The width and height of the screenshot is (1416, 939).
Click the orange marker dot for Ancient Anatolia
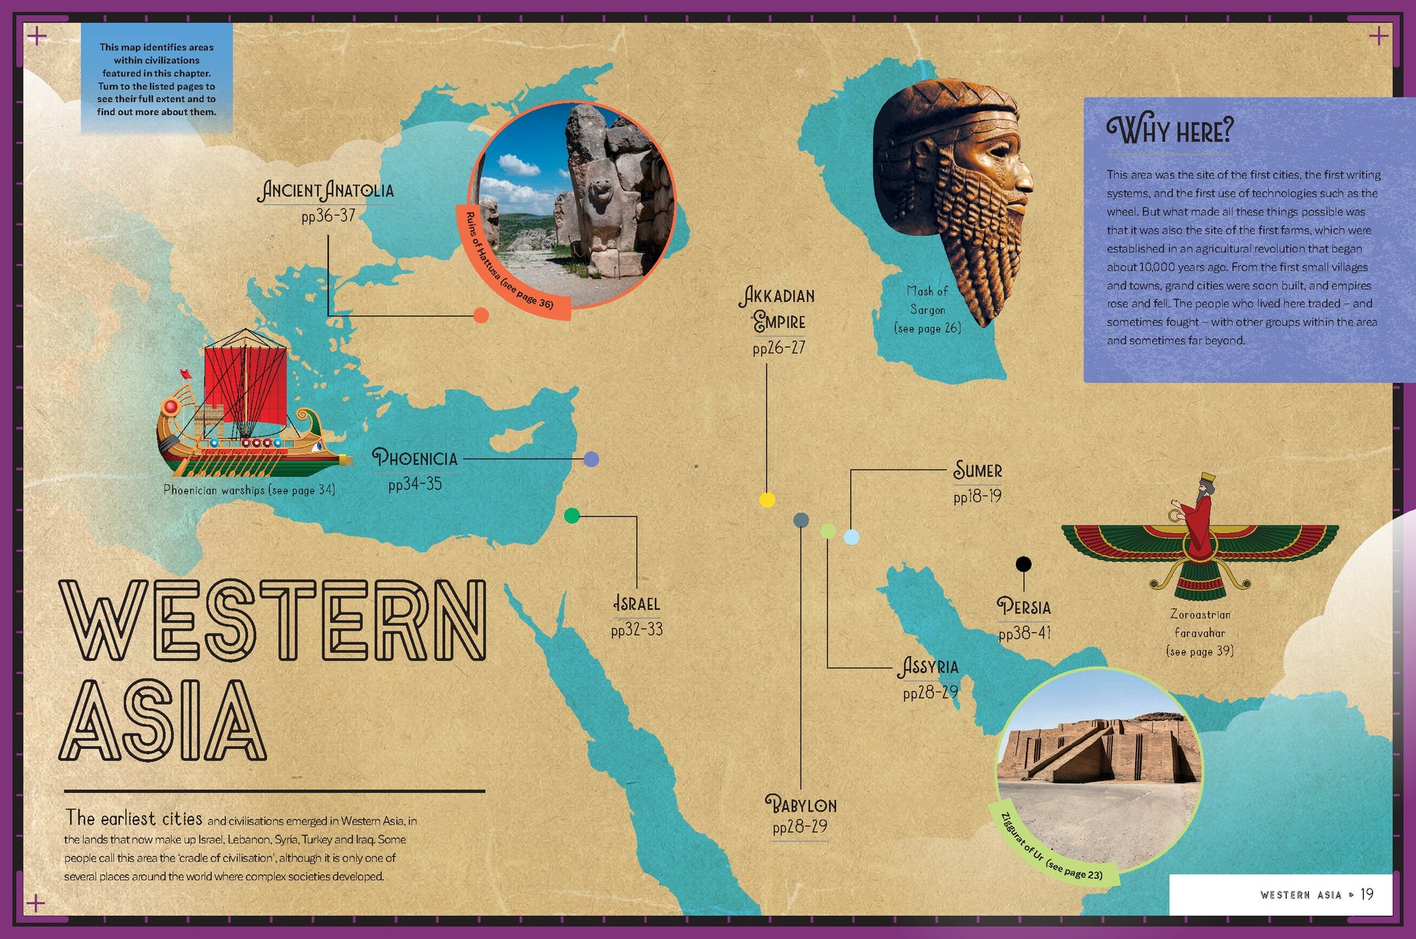481,315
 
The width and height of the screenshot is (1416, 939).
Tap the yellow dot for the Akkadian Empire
767,499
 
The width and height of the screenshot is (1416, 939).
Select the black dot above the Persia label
1023,563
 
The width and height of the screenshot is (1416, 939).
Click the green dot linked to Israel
572,515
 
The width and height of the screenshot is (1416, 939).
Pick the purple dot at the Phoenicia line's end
592,459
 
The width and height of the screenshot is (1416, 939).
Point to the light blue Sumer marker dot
851,537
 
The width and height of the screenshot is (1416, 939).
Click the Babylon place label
800,805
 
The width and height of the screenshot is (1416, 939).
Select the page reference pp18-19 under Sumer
977,496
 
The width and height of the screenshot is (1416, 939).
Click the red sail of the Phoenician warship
246,386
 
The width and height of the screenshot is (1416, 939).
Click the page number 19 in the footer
1367,894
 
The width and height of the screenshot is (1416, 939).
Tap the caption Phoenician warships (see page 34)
249,490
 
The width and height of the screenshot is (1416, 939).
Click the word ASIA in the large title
163,721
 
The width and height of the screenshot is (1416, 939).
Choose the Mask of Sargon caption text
927,309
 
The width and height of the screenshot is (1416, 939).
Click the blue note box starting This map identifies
156,79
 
